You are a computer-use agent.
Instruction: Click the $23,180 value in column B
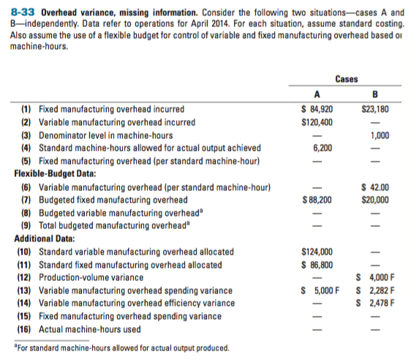[375, 110]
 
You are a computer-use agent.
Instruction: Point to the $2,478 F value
[377, 303]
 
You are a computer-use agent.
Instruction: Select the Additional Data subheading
[45, 239]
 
